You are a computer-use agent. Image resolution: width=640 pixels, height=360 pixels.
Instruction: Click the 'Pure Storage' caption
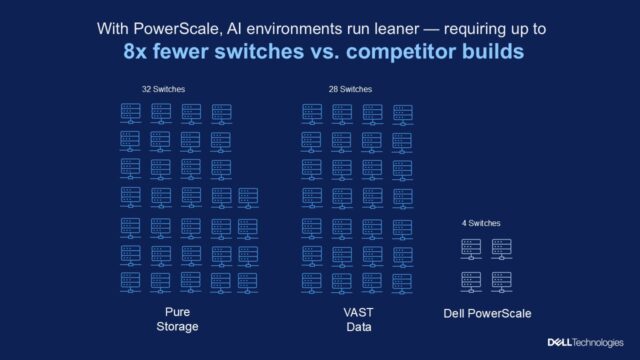182,319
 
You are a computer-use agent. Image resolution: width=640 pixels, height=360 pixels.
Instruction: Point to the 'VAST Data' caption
356,319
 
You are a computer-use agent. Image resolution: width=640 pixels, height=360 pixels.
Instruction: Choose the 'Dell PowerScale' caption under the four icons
487,314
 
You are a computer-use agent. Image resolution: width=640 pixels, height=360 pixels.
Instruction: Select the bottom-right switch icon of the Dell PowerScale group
501,280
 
